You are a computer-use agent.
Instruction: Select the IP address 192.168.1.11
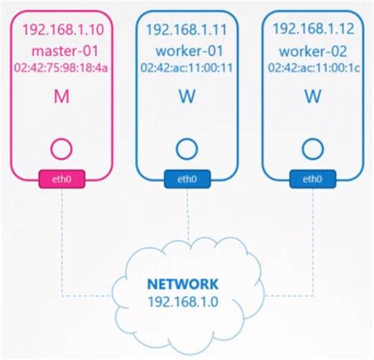(x=186, y=30)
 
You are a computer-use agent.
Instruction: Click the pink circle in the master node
(x=62, y=148)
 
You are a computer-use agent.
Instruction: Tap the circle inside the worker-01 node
(x=186, y=148)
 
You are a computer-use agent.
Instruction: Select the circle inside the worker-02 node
(x=312, y=148)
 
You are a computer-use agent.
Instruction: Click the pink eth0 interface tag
(x=62, y=180)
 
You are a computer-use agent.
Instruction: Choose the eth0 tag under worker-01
(x=186, y=180)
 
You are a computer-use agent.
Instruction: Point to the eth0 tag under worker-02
(x=312, y=180)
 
